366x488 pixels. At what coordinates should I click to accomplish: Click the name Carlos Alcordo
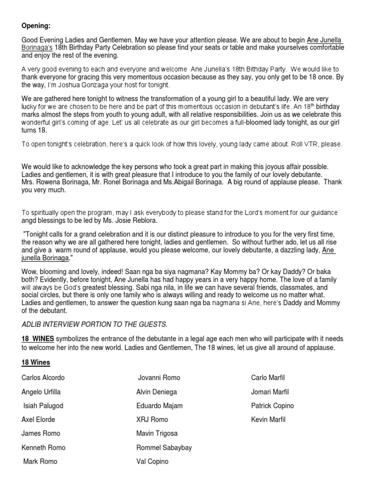pyautogui.click(x=43, y=378)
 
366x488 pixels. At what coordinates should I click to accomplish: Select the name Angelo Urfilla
pyautogui.click(x=41, y=392)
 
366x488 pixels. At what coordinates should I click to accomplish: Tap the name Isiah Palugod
pyautogui.click(x=43, y=406)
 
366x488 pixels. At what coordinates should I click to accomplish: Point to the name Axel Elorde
pyautogui.click(x=38, y=420)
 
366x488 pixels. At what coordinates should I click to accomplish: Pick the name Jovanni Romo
pyautogui.click(x=159, y=378)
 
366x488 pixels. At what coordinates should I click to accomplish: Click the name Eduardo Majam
pyautogui.click(x=159, y=406)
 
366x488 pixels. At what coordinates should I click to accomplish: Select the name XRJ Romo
pyautogui.click(x=152, y=420)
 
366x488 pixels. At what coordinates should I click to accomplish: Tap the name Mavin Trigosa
pyautogui.click(x=157, y=434)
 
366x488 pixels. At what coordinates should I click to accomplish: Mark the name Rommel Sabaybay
pyautogui.click(x=164, y=447)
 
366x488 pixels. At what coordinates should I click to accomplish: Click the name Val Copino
pyautogui.click(x=152, y=461)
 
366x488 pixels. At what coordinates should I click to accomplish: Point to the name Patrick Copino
pyautogui.click(x=272, y=406)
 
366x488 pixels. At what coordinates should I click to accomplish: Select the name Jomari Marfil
pyautogui.click(x=270, y=392)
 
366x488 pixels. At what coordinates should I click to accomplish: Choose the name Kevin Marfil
pyautogui.click(x=267, y=420)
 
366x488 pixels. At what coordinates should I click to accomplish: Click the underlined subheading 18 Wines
pyautogui.click(x=36, y=363)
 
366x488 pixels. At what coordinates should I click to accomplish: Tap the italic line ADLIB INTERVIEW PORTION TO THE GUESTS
pyautogui.click(x=94, y=325)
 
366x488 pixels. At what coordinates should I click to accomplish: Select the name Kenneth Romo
pyautogui.click(x=43, y=447)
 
